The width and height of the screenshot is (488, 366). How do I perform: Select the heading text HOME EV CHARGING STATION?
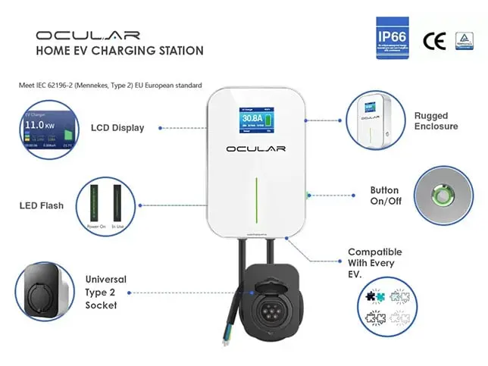(x=120, y=51)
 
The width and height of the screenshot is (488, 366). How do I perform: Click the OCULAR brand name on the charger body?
(x=256, y=149)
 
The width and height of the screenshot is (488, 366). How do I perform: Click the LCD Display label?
(x=117, y=127)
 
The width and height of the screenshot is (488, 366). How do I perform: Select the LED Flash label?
(x=42, y=205)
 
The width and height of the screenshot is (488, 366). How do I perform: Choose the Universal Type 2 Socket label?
(x=106, y=292)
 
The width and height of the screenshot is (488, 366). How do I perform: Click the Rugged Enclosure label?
(x=436, y=121)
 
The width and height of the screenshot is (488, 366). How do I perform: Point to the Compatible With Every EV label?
(x=374, y=262)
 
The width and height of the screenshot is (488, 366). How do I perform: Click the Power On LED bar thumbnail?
(x=96, y=203)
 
